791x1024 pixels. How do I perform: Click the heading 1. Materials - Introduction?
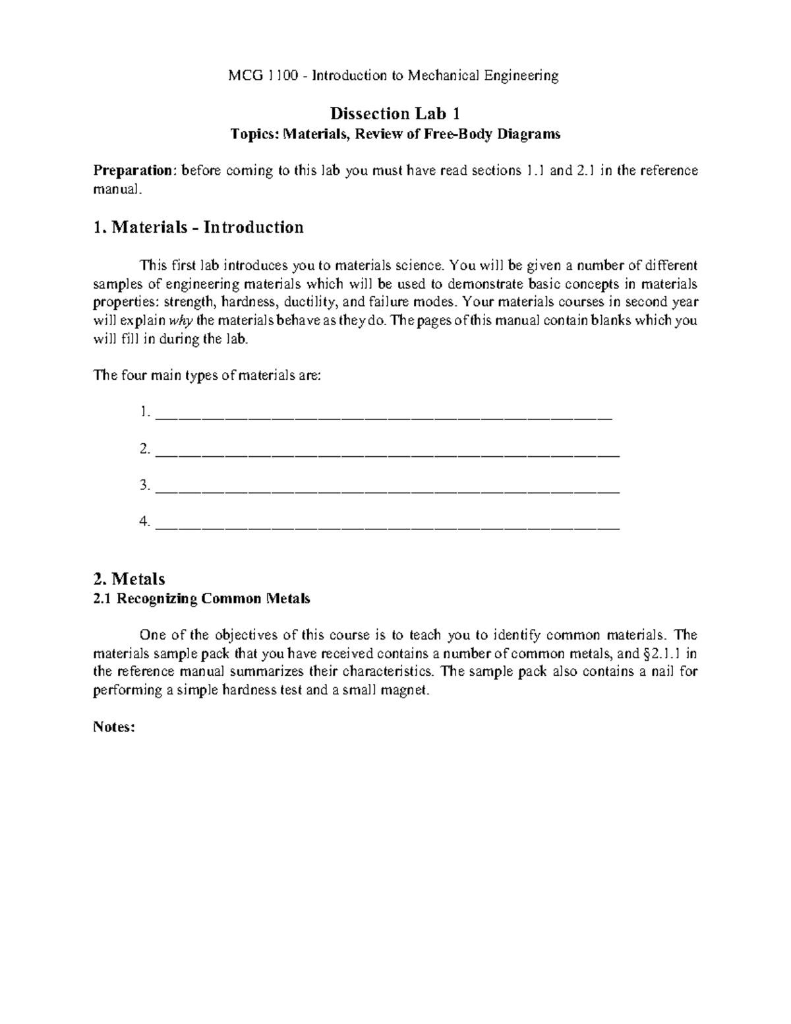coord(198,227)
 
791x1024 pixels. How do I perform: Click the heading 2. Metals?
coord(129,579)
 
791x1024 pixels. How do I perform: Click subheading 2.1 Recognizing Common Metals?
coord(202,599)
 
